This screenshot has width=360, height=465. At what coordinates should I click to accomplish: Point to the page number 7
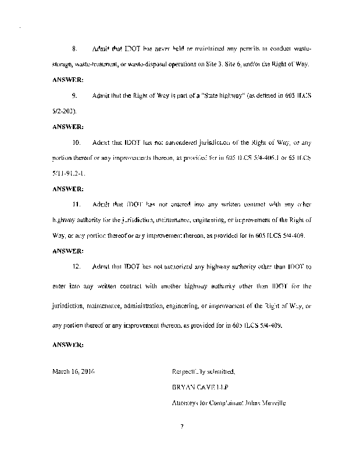point(182,427)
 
